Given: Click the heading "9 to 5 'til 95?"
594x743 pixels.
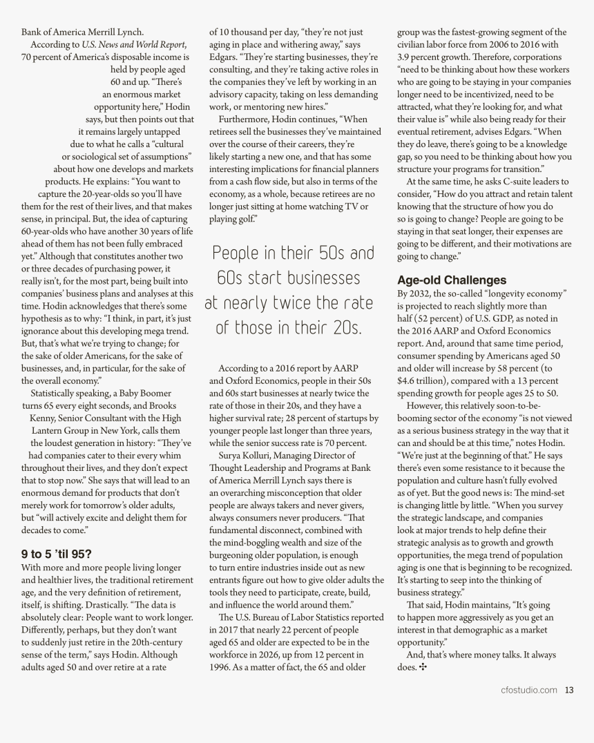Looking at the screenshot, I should tap(57, 553).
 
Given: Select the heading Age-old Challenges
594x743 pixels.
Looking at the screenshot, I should tap(452, 280).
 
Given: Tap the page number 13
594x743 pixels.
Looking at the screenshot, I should tap(569, 689).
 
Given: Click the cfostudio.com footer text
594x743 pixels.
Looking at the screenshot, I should tap(529, 689).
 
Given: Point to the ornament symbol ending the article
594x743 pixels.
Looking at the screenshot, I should tap(423, 667).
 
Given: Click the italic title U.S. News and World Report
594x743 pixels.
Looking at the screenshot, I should tap(134, 44).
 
